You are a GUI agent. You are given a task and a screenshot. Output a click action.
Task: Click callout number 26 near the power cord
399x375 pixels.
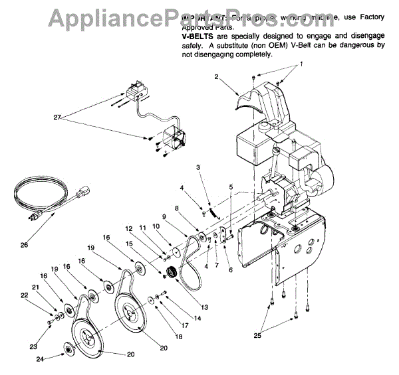(25, 244)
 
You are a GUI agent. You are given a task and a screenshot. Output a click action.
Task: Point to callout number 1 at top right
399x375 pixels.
(301, 64)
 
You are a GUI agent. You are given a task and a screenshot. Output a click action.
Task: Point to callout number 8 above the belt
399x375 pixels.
(176, 208)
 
